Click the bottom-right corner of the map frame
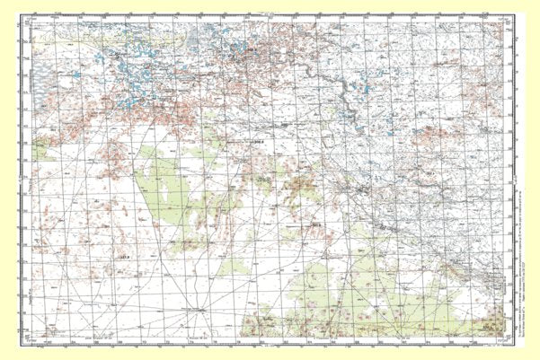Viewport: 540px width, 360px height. [509, 338]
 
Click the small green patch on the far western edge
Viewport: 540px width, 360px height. [41, 153]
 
